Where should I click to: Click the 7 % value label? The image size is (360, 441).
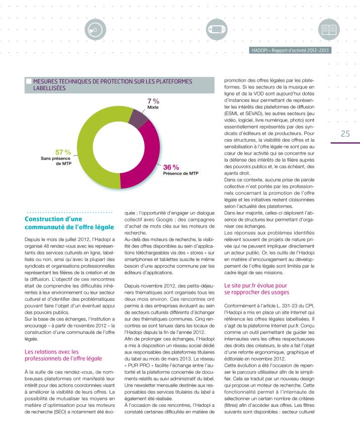tap(153, 101)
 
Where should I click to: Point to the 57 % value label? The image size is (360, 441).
tap(62, 152)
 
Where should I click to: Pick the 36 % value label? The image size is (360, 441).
tap(171, 167)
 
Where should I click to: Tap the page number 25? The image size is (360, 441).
tap(345, 134)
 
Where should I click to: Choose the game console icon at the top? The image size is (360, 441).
tap(216, 30)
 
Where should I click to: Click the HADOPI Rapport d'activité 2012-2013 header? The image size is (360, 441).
tap(290, 50)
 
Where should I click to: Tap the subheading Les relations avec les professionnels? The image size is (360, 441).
tap(63, 355)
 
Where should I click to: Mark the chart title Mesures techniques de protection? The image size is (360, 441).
tap(108, 84)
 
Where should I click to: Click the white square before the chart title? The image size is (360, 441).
tap(29, 80)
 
